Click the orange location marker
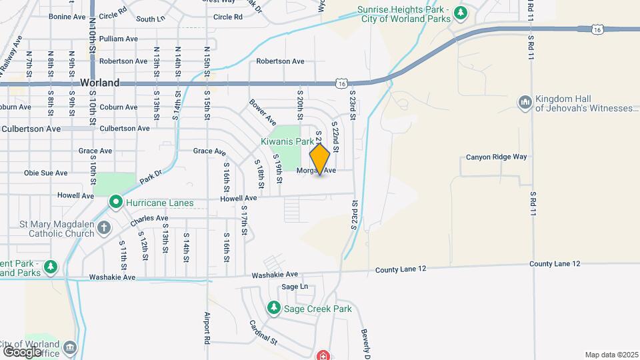point(320,159)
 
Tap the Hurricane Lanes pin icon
point(115,202)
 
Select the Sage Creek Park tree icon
point(273,308)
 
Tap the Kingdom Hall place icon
point(525,102)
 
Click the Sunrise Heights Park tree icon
point(459,13)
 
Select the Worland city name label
point(99,83)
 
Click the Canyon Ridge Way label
point(496,157)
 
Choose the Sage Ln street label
point(295,287)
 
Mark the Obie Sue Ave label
point(45,173)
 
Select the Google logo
point(23,351)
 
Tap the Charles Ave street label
point(149,218)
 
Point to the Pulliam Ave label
point(118,39)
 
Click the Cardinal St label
point(264,331)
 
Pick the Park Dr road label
point(151,177)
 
